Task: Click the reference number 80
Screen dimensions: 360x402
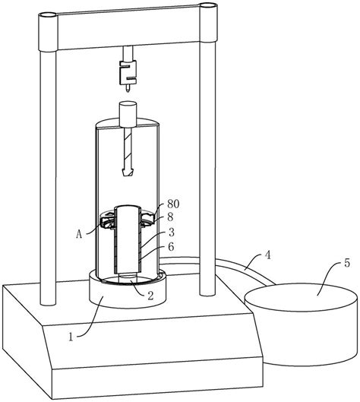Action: [173, 204]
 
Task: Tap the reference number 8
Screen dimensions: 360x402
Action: [170, 217]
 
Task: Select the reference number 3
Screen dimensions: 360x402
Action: [172, 232]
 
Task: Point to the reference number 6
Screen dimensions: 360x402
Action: [171, 247]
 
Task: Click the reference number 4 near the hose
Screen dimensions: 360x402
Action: [267, 255]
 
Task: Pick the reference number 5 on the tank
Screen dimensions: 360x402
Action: [346, 263]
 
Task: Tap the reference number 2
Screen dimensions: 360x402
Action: [150, 296]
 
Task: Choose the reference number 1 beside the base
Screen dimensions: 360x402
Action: [71, 337]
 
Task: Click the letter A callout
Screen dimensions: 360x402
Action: [79, 234]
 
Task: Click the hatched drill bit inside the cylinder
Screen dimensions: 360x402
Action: [128, 152]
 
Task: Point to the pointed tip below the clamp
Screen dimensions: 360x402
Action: [128, 87]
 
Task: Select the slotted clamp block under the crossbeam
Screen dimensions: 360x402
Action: [128, 72]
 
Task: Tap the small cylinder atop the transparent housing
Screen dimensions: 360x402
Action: [128, 114]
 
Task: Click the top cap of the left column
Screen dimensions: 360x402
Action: [47, 15]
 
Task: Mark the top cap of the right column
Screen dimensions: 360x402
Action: [208, 5]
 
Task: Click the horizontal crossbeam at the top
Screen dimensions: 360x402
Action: [128, 27]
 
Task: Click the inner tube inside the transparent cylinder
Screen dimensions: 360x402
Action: [128, 239]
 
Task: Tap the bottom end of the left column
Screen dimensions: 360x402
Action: [48, 303]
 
